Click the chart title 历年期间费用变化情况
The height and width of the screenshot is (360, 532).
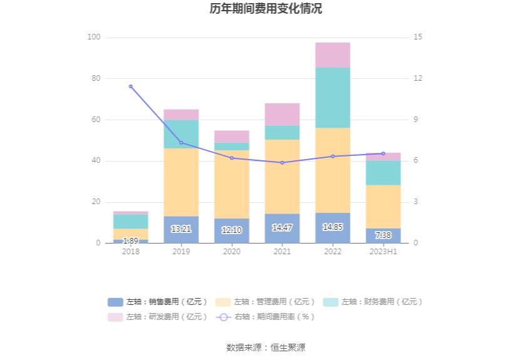pyautogui.click(x=266, y=9)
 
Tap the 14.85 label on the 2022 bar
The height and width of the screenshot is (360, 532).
pyautogui.click(x=332, y=227)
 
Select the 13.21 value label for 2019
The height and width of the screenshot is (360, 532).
pyautogui.click(x=181, y=229)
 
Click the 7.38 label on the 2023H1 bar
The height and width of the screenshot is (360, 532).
pyautogui.click(x=383, y=235)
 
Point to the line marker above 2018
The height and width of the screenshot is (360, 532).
pyautogui.click(x=131, y=86)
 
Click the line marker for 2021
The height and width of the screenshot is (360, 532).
pyautogui.click(x=282, y=163)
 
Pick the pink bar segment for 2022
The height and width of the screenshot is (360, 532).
pyautogui.click(x=332, y=55)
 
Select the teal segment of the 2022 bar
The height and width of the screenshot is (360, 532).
pyautogui.click(x=332, y=98)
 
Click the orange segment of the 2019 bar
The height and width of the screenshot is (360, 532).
pyautogui.click(x=181, y=182)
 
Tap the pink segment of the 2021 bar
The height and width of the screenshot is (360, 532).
pyautogui.click(x=282, y=115)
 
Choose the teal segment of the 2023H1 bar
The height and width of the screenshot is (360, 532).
pyautogui.click(x=383, y=173)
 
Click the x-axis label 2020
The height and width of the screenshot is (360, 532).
pyautogui.click(x=232, y=251)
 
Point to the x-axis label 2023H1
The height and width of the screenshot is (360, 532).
pyautogui.click(x=383, y=251)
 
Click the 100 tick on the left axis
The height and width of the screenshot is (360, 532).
pyautogui.click(x=94, y=38)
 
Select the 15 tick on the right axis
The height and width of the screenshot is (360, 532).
pyautogui.click(x=418, y=38)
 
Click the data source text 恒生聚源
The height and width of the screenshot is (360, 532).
pyautogui.click(x=287, y=347)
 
